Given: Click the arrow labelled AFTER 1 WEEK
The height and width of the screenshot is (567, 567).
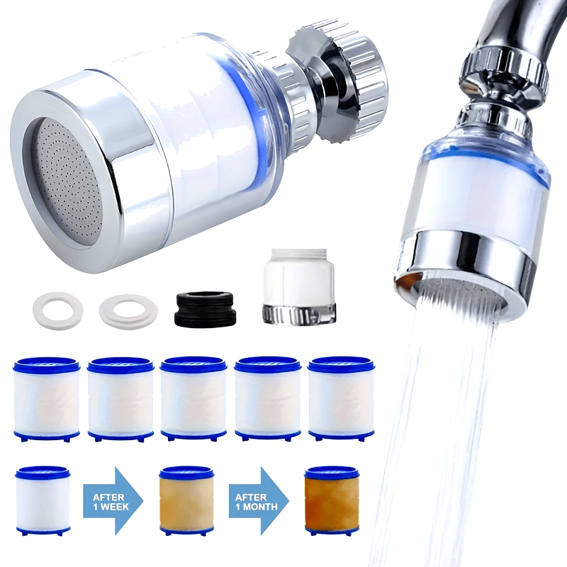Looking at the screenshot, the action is tap(113, 501).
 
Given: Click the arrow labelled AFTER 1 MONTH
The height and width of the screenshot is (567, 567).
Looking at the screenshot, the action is tap(259, 501).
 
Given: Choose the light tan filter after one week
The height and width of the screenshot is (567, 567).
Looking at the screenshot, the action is tap(186, 500).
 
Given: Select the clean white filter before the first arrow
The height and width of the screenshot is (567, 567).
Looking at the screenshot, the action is tap(43, 500).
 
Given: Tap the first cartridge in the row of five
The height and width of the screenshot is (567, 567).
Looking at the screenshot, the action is tap(46, 398).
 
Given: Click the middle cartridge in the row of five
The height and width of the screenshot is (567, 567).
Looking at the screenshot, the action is tap(193, 398).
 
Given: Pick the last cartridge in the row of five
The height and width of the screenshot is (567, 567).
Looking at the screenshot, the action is tap(341, 398).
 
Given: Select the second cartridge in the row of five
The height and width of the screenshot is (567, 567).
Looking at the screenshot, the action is tap(120, 398).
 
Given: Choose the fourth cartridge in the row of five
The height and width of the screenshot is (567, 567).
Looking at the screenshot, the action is tap(267, 398).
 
